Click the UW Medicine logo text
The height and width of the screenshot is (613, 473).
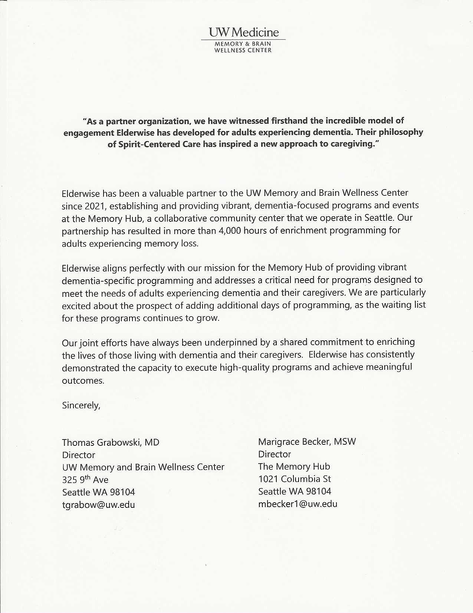[x=243, y=33]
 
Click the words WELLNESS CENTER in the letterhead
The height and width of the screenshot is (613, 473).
[x=243, y=50]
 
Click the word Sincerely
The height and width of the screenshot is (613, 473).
[x=81, y=405]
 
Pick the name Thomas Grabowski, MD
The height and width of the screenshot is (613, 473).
[x=111, y=442]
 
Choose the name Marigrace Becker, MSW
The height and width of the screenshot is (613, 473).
[x=307, y=442]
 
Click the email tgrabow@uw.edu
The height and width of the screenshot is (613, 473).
[x=98, y=505]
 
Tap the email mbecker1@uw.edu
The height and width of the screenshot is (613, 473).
[x=298, y=504]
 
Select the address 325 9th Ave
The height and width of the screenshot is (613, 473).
[x=85, y=480]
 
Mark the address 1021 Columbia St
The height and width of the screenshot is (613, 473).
[x=295, y=479]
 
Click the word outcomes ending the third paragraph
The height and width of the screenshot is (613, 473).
[x=83, y=381]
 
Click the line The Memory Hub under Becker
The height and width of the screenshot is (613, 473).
[x=294, y=467]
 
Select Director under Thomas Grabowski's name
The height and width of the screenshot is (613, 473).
[x=78, y=455]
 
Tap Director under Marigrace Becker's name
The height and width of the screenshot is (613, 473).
[x=275, y=454]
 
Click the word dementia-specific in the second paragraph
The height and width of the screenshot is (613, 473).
[x=94, y=280]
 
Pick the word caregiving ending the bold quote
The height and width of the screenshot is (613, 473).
[x=352, y=144]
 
